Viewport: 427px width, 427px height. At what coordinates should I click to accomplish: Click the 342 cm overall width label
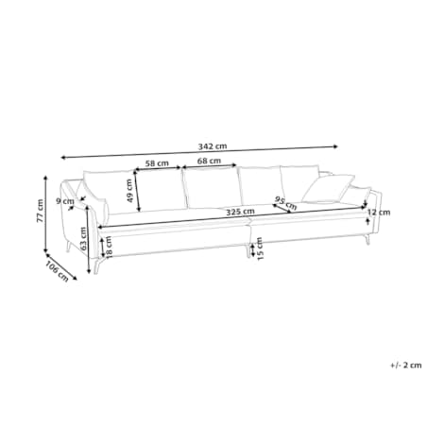coord(213,146)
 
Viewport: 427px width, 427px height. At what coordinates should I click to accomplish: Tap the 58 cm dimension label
coord(157,163)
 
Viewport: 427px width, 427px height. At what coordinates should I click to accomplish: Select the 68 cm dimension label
coord(209,161)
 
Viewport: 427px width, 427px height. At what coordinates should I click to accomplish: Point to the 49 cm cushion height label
coord(129,191)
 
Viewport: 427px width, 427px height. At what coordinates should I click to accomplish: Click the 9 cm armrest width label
coord(65,201)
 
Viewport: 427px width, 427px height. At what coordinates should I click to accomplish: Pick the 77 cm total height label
coord(40,211)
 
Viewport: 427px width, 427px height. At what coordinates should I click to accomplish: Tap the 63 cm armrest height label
coord(83,238)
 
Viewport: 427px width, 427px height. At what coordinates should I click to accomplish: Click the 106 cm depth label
coord(57,271)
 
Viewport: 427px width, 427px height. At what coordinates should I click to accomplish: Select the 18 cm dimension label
coord(109,248)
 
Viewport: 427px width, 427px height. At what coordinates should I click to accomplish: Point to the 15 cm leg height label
coord(260,248)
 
